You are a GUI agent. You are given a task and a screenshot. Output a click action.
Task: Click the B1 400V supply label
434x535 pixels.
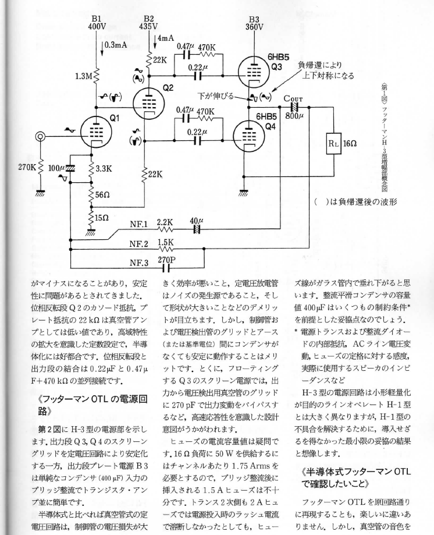[96, 22]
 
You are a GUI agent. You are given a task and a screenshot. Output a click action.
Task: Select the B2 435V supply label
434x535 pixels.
[149, 22]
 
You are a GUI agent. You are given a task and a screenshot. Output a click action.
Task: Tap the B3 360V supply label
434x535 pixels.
[254, 22]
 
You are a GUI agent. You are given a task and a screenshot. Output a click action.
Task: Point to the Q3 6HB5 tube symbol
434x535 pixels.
[254, 70]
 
